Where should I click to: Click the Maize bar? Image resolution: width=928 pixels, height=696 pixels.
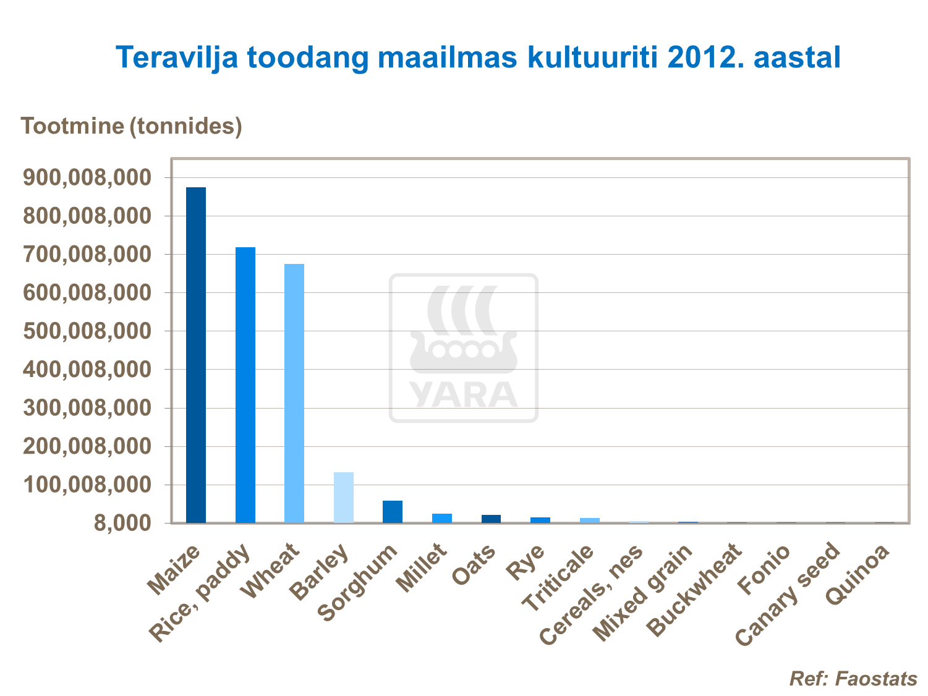click(x=196, y=355)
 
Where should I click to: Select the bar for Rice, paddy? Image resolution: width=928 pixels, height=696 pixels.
click(x=245, y=384)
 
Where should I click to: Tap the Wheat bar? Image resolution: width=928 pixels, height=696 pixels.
click(x=294, y=393)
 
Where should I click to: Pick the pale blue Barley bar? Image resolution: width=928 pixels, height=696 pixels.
click(x=344, y=498)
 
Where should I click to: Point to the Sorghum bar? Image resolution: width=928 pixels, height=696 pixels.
click(x=393, y=512)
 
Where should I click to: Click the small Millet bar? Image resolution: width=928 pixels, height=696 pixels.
click(x=442, y=518)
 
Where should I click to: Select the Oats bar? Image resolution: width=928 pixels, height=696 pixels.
click(x=491, y=519)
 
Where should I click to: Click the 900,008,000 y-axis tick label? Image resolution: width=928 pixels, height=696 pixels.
click(x=87, y=178)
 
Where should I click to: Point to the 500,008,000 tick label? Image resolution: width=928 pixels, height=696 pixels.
click(x=87, y=331)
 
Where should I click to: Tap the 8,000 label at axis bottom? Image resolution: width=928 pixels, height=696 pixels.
click(x=121, y=523)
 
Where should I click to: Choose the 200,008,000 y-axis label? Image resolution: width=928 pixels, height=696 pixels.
click(x=87, y=446)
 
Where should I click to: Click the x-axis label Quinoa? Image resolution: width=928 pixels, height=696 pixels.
click(x=858, y=575)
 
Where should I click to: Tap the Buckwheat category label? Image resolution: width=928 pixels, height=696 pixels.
click(x=694, y=590)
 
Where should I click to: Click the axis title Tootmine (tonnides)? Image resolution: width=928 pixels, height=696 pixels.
click(x=132, y=126)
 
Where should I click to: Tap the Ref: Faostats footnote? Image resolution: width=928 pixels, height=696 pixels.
click(x=853, y=679)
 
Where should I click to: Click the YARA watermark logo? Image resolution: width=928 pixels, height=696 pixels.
click(x=464, y=348)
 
